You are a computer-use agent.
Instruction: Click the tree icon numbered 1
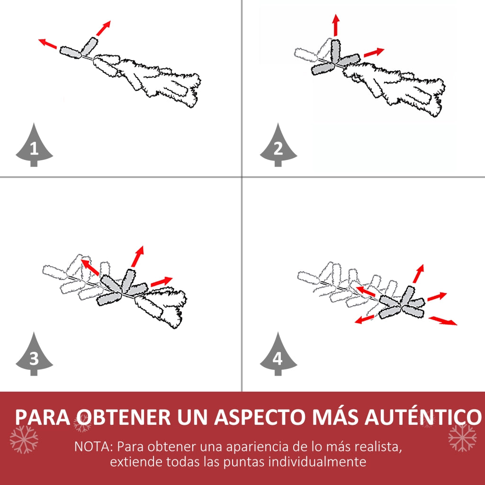pos(34,145)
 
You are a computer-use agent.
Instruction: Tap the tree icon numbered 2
pos(278,145)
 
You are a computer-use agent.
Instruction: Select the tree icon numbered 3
pos(34,354)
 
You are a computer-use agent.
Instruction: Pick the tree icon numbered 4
pos(278,354)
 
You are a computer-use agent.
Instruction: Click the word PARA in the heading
pos(43,417)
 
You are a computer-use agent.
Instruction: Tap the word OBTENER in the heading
pos(124,417)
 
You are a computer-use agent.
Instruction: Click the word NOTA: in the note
pos(93,447)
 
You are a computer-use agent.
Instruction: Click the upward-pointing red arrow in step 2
pos(336,25)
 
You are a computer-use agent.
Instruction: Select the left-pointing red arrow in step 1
pos(48,44)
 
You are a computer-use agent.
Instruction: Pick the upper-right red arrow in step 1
pos(103,28)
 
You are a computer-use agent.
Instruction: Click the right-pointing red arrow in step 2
pos(374,52)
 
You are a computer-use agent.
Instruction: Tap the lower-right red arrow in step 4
pos(443,321)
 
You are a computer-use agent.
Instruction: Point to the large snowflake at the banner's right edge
pos(462,438)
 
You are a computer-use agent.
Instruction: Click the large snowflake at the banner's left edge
pos(24,440)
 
